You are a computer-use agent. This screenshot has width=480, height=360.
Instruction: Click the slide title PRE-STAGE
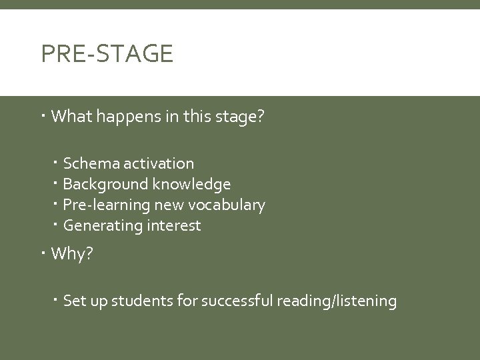pos(107,53)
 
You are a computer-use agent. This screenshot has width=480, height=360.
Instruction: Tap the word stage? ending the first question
pos(241,118)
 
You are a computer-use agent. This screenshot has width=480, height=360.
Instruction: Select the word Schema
pos(85,163)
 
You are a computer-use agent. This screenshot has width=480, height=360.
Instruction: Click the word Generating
pos(98,226)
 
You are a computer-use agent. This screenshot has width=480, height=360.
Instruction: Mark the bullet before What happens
pos(43,117)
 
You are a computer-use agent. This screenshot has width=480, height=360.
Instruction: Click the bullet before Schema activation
pos(57,163)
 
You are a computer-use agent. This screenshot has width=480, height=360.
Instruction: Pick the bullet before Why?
pos(43,253)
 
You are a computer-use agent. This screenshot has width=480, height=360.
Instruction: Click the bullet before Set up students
pos(57,301)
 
